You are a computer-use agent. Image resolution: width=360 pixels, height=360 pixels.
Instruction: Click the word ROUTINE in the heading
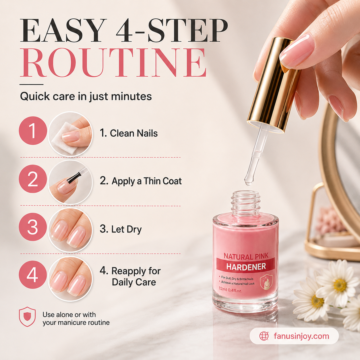point(113,63)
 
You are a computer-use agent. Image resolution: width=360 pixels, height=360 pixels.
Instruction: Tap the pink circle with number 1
point(33,130)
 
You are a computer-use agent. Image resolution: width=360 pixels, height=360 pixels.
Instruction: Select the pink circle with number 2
point(33,179)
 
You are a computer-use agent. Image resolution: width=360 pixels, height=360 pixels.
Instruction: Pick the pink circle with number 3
point(33,227)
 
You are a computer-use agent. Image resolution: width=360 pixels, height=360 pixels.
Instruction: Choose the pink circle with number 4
point(33,275)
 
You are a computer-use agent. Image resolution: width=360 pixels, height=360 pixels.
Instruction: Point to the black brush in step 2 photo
point(73,177)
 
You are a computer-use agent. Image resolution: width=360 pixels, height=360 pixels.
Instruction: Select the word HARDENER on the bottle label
point(246,267)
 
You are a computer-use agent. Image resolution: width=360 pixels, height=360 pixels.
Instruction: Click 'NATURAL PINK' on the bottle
point(246,256)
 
